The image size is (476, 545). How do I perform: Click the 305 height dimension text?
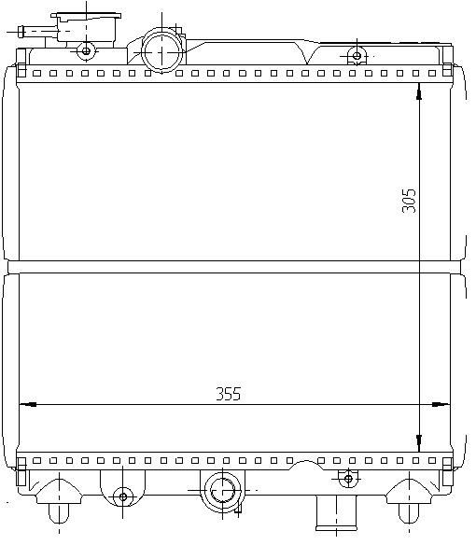click(409, 201)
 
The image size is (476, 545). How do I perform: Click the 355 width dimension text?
click(229, 394)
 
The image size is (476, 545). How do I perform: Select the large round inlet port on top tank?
click(162, 52)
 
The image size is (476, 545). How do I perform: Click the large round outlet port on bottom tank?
click(222, 491)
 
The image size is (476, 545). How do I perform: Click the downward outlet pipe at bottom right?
click(336, 513)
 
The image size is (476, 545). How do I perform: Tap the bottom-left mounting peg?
click(59, 513)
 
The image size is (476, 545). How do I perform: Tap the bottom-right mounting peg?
click(409, 513)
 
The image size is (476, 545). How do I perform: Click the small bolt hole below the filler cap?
click(86, 51)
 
